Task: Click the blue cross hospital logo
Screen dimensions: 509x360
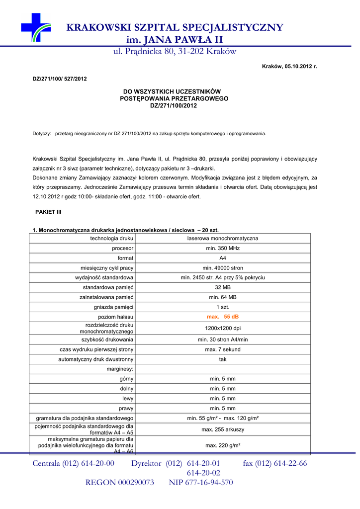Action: [35, 27]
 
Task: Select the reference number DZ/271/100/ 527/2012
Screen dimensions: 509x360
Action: [60, 79]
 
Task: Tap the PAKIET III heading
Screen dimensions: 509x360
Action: [48, 212]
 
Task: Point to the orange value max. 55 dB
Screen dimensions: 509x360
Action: [223, 317]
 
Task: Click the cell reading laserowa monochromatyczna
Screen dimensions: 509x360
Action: [223, 239]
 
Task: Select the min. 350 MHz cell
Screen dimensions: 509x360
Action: [223, 248]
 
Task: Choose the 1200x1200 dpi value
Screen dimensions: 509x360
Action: [223, 328]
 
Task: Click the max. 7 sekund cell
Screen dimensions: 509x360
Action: [223, 349]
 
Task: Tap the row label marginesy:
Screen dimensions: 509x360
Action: [120, 369]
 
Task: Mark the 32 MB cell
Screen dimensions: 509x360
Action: [223, 287]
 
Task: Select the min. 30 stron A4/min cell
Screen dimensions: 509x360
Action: [223, 339]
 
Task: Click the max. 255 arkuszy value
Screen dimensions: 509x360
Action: [223, 429]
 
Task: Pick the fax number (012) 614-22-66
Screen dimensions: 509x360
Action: [275, 464]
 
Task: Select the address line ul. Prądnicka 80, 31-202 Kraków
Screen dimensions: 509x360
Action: [175, 52]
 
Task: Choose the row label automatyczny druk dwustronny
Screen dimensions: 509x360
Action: [95, 359]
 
